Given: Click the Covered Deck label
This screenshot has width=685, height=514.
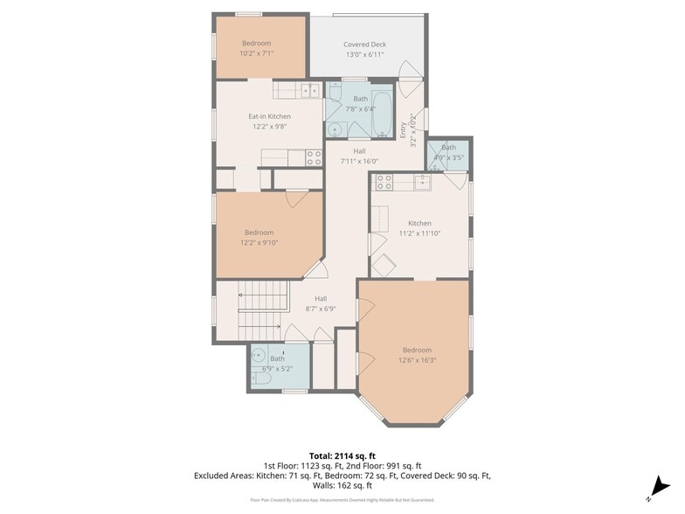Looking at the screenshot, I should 364,45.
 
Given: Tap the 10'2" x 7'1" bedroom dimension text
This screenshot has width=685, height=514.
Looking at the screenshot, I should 256,53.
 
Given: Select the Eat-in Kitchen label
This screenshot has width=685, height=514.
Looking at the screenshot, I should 269,116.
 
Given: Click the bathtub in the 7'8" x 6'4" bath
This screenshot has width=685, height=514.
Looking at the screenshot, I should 383,114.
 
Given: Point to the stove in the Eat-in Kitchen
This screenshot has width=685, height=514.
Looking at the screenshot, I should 314,157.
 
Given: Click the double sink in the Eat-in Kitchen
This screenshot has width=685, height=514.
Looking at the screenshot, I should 306,89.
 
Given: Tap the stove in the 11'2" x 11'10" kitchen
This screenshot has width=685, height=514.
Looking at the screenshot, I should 383,183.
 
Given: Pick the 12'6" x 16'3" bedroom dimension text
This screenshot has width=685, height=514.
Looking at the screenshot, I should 417,359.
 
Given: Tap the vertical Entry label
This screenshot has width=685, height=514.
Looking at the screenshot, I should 404,130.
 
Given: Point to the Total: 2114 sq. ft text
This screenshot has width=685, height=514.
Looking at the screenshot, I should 342,455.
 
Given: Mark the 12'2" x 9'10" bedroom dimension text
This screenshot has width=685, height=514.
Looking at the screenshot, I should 259,242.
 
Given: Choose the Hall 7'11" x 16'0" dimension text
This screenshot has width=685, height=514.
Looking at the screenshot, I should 347,161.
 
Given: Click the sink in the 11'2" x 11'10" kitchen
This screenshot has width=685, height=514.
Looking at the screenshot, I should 422,183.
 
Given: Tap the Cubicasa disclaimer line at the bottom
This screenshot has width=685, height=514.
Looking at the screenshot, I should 342,500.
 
